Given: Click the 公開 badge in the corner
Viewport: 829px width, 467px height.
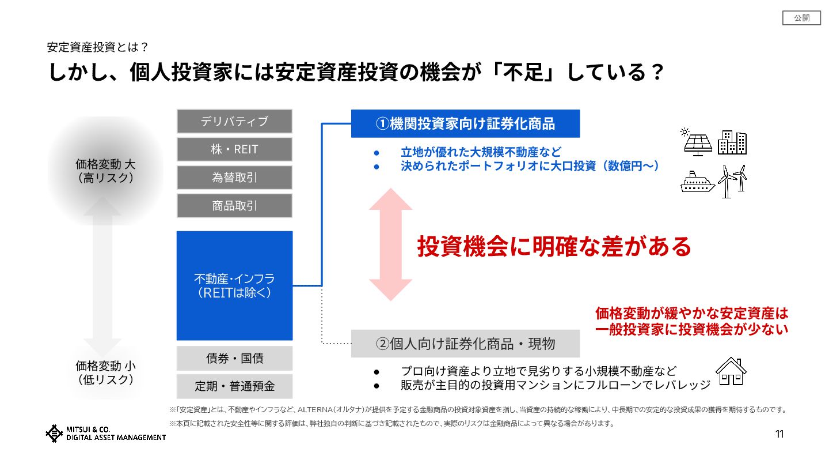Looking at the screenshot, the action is (x=801, y=18).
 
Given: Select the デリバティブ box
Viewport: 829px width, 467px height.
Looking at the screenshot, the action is (x=234, y=121).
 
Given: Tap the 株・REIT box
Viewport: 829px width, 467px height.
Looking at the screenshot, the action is (x=234, y=149).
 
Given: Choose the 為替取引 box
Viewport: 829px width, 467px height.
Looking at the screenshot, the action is (x=234, y=178).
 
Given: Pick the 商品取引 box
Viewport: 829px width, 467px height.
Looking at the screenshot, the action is (x=234, y=206).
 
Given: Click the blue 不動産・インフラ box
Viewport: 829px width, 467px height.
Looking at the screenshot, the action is (x=234, y=285).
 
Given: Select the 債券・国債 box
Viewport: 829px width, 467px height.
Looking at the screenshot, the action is (x=234, y=358).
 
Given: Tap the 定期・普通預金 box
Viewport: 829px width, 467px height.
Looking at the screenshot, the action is (x=234, y=386).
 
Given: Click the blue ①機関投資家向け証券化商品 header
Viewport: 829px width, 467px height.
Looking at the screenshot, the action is (x=465, y=123).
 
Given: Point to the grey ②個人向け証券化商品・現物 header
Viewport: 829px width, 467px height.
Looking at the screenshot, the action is (x=465, y=344).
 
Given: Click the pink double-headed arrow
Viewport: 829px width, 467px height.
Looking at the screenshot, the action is (x=391, y=244).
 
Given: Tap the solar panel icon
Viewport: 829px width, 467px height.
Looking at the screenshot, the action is (x=697, y=142).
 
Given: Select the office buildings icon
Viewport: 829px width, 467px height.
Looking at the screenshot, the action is (x=732, y=142).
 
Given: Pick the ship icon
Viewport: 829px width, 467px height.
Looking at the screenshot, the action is (x=697, y=182).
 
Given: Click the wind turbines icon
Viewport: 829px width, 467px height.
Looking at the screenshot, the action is (x=732, y=181).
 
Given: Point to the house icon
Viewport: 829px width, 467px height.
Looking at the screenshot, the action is (x=731, y=371).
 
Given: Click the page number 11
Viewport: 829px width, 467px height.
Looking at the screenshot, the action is (x=779, y=434).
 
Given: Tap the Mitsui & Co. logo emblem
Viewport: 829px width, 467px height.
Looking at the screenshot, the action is (x=54, y=434).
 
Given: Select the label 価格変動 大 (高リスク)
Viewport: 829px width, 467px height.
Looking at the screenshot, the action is (x=105, y=171).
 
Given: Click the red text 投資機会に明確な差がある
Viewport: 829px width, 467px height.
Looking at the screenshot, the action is (x=554, y=246).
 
